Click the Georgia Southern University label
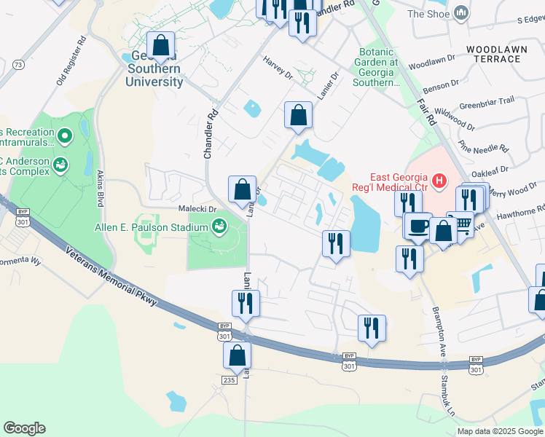[x=154, y=70]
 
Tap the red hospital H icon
[x=439, y=179]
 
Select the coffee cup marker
[x=417, y=225]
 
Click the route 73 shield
[x=18, y=65]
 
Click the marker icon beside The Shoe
[x=460, y=13]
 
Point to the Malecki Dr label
[x=198, y=208]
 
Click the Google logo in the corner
[x=24, y=428]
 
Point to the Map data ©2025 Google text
[x=499, y=431]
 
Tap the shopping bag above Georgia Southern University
[x=161, y=46]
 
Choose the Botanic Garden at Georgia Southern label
[x=377, y=68]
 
